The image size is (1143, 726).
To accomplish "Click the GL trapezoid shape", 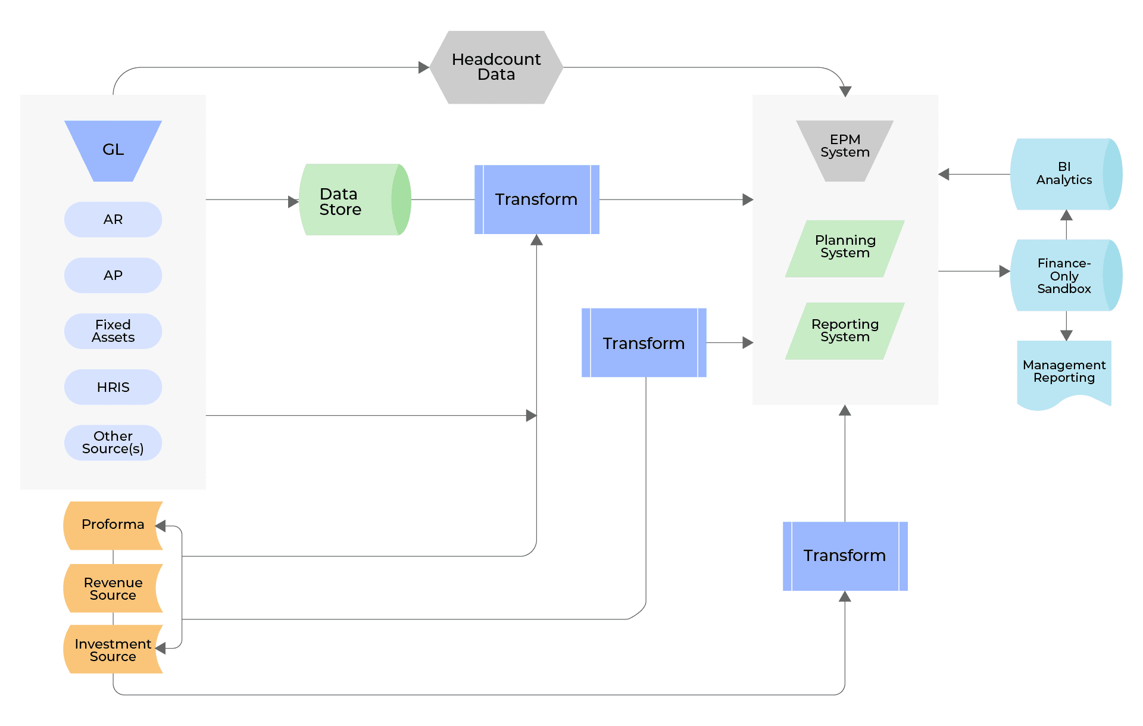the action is pyautogui.click(x=113, y=151).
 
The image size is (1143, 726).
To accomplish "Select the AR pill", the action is pyautogui.click(x=113, y=219).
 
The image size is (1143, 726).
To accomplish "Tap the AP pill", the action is pyautogui.click(x=113, y=275).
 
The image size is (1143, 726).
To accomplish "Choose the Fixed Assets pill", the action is pyautogui.click(x=113, y=331).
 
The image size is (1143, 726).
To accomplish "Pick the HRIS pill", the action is pyautogui.click(x=113, y=387).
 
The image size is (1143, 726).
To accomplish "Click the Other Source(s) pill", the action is pyautogui.click(x=113, y=443).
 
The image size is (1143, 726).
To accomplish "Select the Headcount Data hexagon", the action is pyautogui.click(x=496, y=67).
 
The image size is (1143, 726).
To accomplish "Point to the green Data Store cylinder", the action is pyautogui.click(x=355, y=200).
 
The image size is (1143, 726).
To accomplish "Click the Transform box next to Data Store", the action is pyautogui.click(x=537, y=200).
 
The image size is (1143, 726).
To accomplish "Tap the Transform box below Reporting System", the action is pyautogui.click(x=845, y=556).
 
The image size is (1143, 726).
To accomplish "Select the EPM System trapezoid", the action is pyautogui.click(x=845, y=151).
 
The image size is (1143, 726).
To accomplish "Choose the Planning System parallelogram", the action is pyautogui.click(x=845, y=249).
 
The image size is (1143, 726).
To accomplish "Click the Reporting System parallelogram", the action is pyautogui.click(x=845, y=331).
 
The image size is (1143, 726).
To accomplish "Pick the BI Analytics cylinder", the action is pyautogui.click(x=1066, y=175).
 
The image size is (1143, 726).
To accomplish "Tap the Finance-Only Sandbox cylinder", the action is pyautogui.click(x=1066, y=275).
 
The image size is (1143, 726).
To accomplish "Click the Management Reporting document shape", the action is pyautogui.click(x=1064, y=374).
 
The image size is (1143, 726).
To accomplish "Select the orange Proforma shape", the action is pyautogui.click(x=113, y=525).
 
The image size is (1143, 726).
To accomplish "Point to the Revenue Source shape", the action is pyautogui.click(x=113, y=588).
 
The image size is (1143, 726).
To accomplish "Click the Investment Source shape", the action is pyautogui.click(x=113, y=649).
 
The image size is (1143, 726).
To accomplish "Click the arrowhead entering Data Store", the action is pyautogui.click(x=293, y=202).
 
